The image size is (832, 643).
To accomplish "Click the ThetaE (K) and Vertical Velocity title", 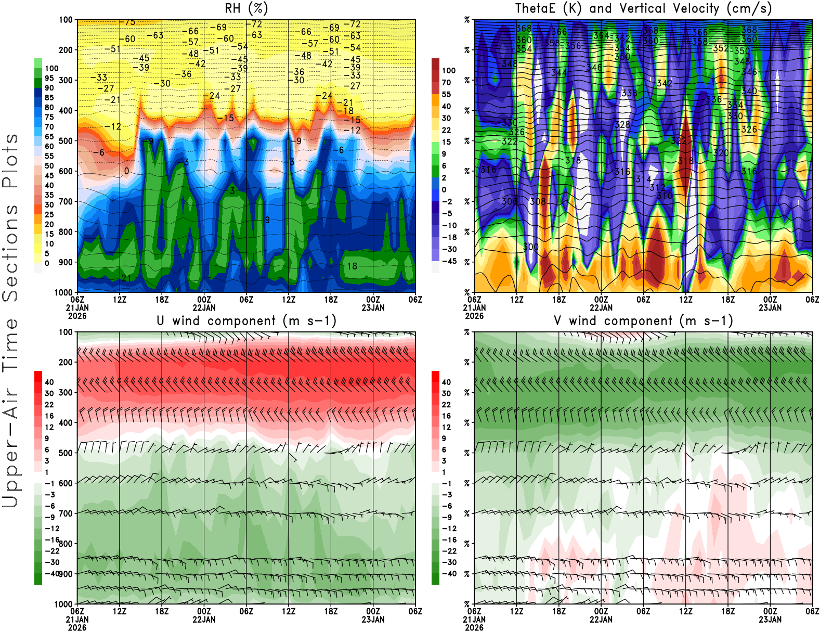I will point(643,8).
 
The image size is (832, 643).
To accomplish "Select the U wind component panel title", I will point(246,320).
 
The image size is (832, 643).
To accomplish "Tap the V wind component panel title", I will point(643,320).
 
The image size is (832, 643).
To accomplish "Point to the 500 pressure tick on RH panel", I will point(66,141).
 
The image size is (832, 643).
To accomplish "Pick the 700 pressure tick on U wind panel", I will point(66,513).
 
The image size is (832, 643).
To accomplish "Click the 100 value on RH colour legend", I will point(51,68).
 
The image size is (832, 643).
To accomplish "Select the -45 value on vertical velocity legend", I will point(449,261).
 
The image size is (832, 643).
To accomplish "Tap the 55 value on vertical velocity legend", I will point(446,94).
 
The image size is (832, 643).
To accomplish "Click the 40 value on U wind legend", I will point(49,382).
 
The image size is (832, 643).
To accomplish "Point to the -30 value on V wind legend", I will point(449,562).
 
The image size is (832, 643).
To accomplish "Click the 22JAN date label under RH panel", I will point(204,307).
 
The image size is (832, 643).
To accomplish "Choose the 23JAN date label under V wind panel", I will point(770,620).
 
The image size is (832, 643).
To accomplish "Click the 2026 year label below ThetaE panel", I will point(474,316).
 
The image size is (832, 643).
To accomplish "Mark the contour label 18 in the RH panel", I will point(352,266).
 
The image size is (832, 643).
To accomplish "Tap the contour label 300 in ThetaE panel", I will point(530,247).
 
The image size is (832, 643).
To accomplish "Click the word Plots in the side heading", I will point(10,161).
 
